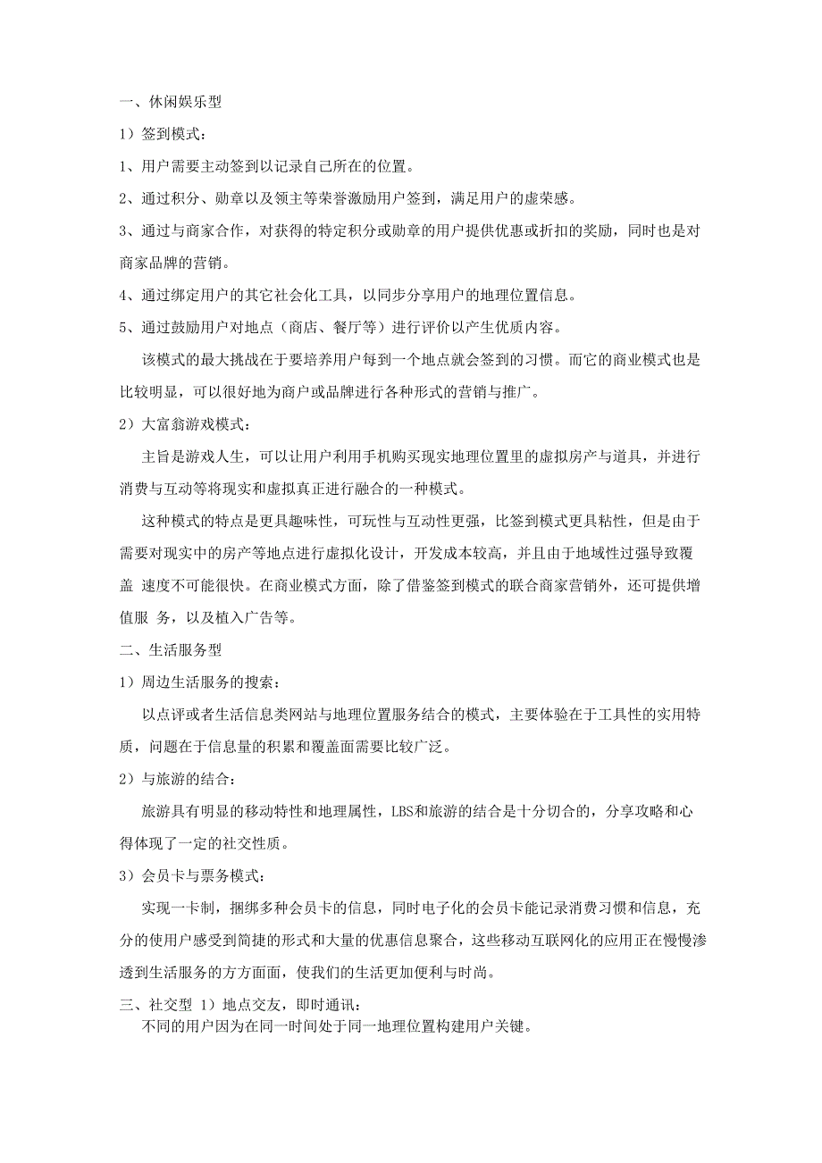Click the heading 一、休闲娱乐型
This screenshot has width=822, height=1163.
click(x=171, y=102)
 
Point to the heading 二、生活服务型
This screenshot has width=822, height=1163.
click(x=171, y=650)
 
